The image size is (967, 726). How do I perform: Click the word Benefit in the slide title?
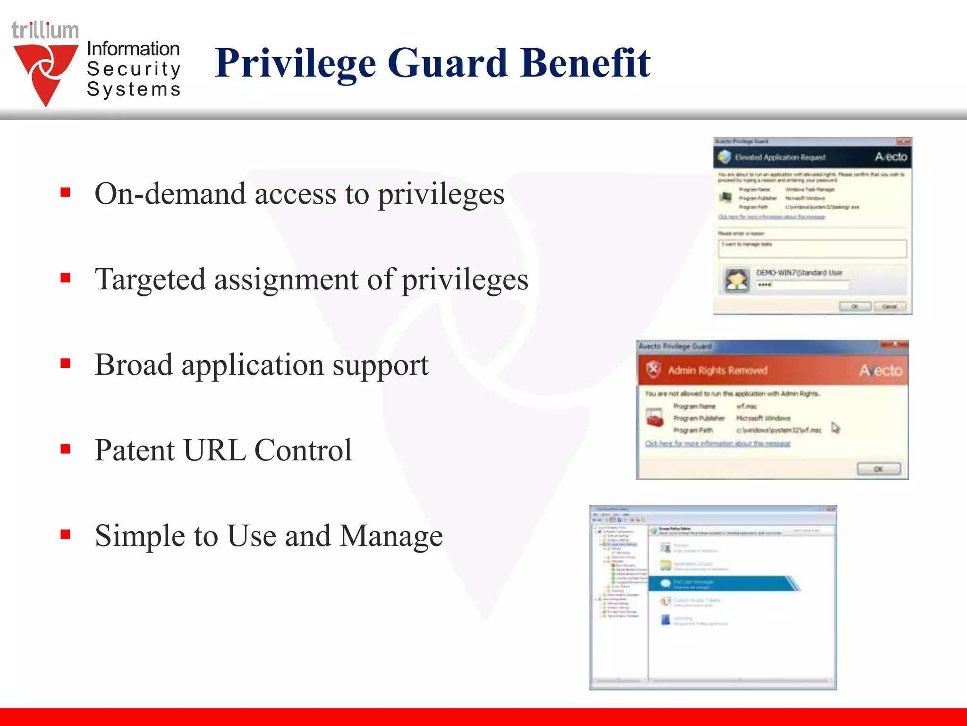(x=585, y=63)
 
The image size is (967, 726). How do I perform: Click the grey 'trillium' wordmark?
(x=45, y=31)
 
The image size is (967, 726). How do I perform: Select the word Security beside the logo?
(x=134, y=69)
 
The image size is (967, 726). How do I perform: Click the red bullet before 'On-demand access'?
(x=66, y=192)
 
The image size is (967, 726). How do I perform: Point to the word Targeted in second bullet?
(x=150, y=279)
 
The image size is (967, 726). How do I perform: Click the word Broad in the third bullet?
(x=134, y=365)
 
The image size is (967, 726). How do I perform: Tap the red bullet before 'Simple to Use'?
(x=66, y=535)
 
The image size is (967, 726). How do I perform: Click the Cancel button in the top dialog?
(x=890, y=307)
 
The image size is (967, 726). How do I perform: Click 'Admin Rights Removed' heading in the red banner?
(x=718, y=371)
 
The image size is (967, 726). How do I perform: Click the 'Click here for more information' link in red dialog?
(x=718, y=443)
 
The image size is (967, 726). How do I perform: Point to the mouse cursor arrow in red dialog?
(x=835, y=428)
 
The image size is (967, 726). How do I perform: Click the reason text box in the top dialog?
(x=812, y=249)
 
